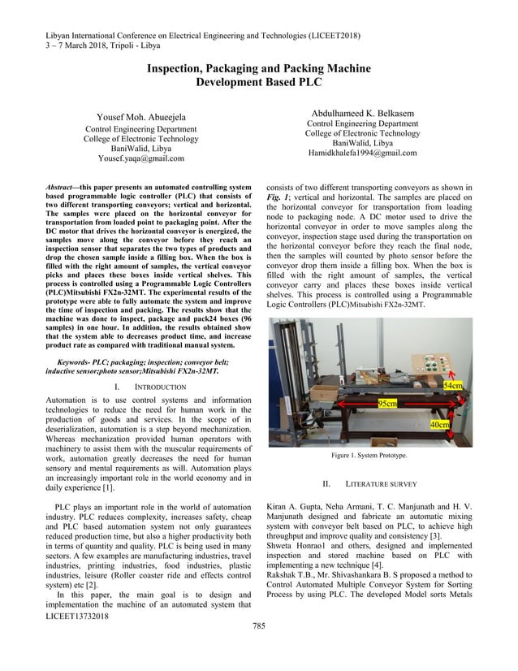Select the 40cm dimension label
pyautogui.click(x=440, y=425)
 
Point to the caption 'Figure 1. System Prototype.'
pyautogui.click(x=374, y=456)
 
